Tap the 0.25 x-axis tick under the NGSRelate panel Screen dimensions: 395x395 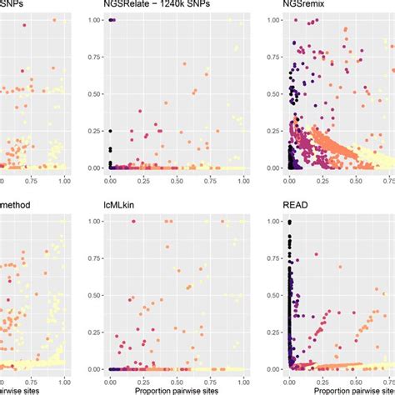[143, 180]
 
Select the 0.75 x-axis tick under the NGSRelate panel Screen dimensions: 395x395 [210, 180]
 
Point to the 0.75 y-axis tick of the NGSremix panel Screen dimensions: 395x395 [267, 56]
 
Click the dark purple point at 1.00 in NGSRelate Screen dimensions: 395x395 [112, 18]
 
